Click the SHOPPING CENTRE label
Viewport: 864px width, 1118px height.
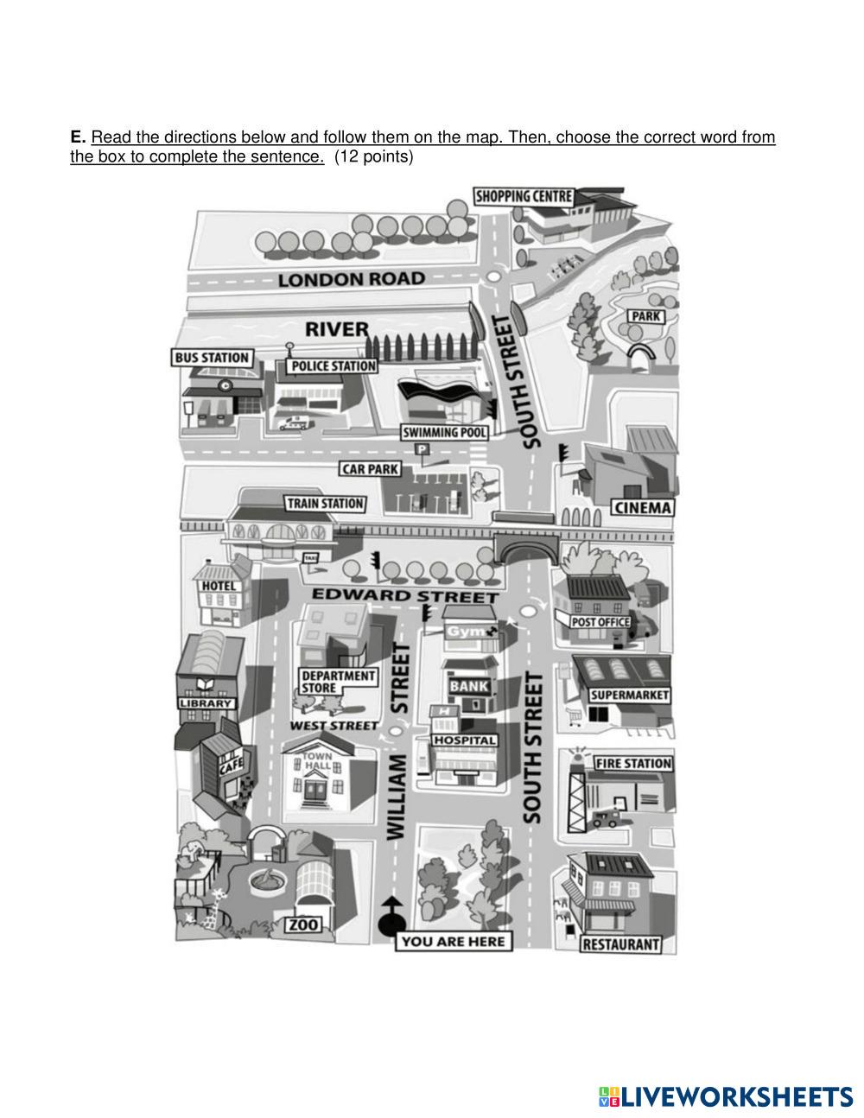(x=524, y=196)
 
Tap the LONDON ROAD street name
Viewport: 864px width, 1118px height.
(x=351, y=279)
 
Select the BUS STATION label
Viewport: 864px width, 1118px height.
(x=212, y=358)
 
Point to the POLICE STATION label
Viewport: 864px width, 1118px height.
(x=333, y=366)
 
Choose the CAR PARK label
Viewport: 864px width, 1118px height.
(x=370, y=469)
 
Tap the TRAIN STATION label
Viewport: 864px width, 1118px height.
(x=325, y=503)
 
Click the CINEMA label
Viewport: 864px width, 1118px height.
(x=642, y=507)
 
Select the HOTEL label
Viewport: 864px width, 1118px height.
(x=219, y=587)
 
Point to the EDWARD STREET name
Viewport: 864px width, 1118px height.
(x=404, y=595)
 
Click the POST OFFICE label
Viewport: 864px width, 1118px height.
(x=600, y=622)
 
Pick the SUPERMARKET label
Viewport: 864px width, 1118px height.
(x=629, y=695)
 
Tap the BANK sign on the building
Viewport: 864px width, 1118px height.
(x=470, y=686)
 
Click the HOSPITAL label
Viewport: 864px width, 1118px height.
(x=465, y=740)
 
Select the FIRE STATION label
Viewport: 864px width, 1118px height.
(x=633, y=763)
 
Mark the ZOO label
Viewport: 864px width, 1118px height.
(x=303, y=925)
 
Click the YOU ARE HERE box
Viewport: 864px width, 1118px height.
(x=454, y=941)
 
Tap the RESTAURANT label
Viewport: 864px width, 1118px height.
(x=620, y=944)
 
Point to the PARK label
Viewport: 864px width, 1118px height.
(x=645, y=317)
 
